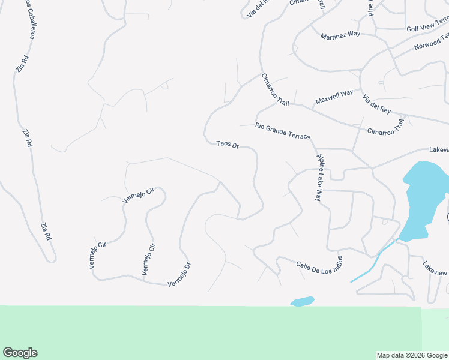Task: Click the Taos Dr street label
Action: (228, 145)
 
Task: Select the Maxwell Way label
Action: (334, 97)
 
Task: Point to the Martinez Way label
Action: (340, 34)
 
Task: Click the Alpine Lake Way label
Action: (320, 178)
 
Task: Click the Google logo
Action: (20, 353)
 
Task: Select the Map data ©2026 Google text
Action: (412, 355)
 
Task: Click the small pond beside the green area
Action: (302, 301)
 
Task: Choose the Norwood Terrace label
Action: (431, 42)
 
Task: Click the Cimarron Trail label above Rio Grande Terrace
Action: (275, 90)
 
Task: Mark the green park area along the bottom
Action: (210, 333)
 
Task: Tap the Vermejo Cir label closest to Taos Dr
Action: (139, 196)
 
